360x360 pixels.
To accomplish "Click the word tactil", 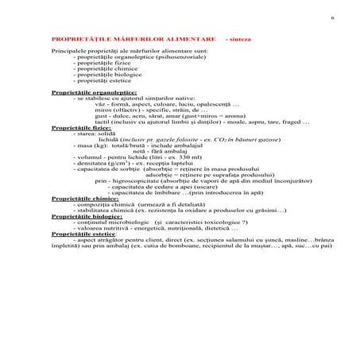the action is pyautogui.click(x=101, y=122).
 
